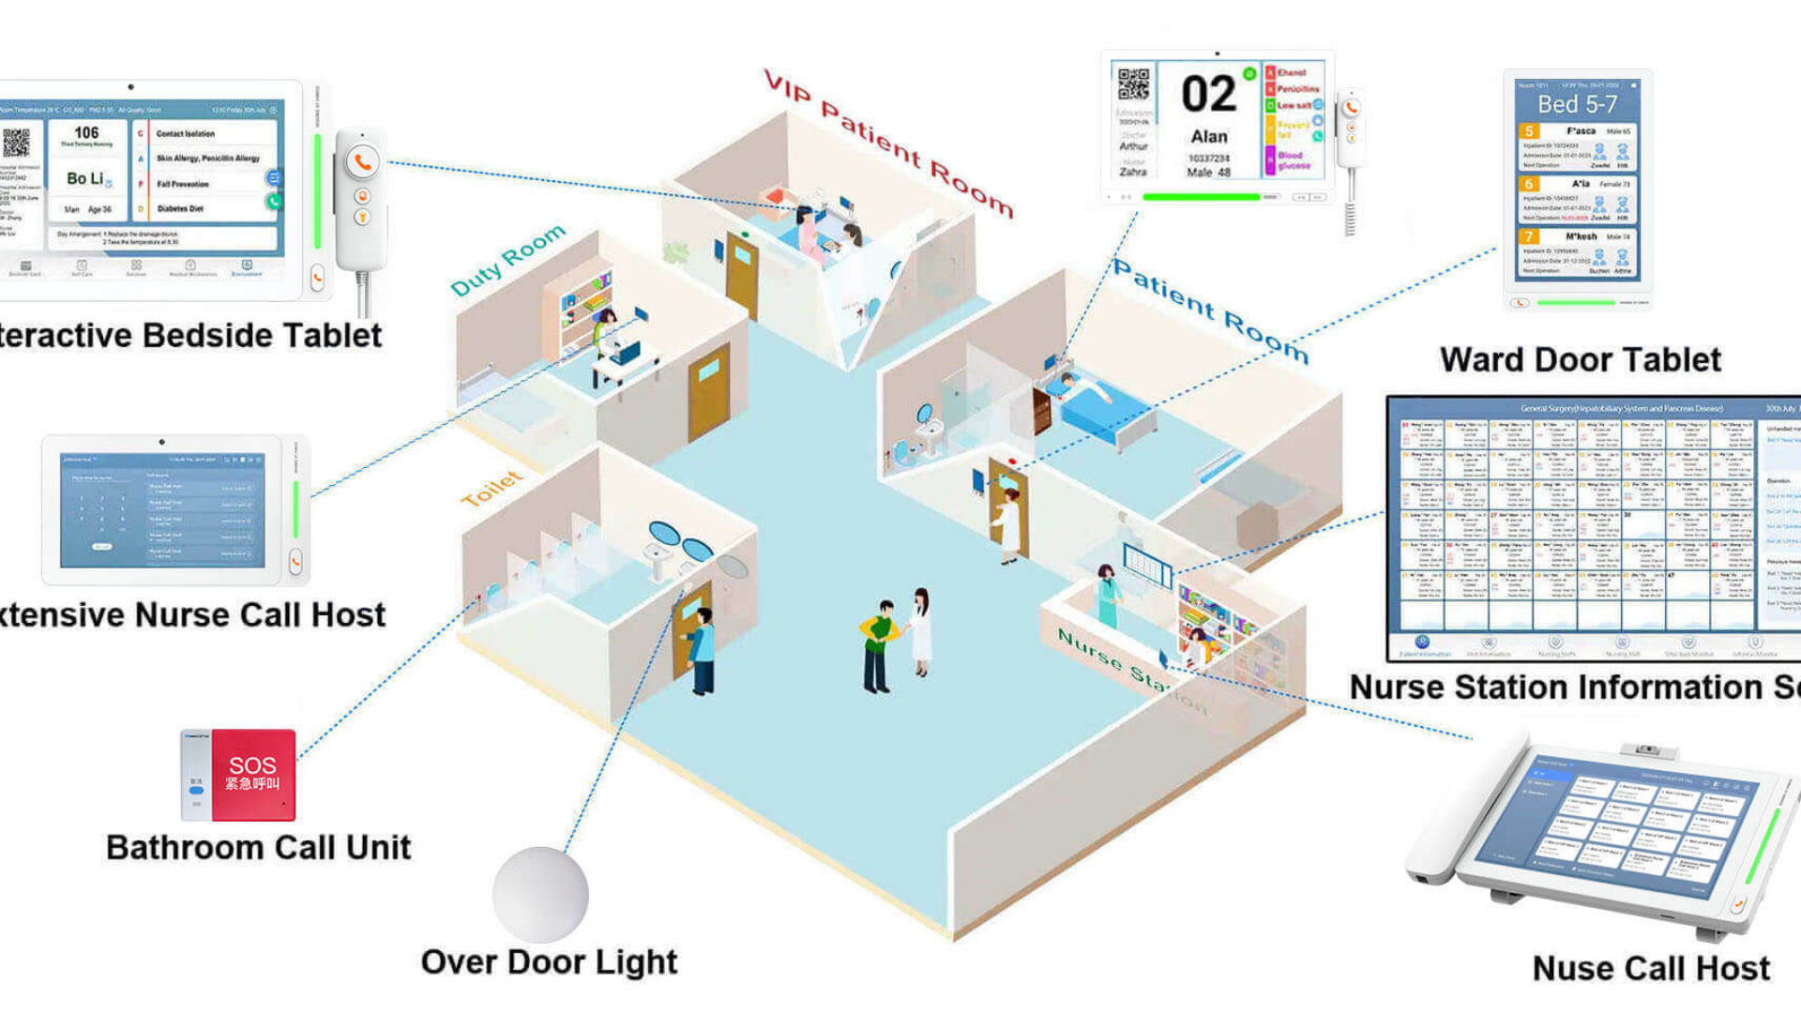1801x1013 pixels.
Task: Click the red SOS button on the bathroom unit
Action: point(253,774)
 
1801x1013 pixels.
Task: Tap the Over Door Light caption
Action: point(549,962)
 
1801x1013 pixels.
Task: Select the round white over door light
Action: point(540,895)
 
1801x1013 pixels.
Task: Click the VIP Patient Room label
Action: point(887,143)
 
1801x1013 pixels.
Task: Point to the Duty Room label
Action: point(507,259)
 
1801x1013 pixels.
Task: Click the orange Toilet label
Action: point(492,489)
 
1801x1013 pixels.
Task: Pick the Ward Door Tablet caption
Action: point(1580,360)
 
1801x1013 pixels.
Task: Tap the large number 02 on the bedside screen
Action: point(1208,95)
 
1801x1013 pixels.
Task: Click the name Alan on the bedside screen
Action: point(1209,137)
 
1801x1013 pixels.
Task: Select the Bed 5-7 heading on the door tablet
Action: point(1577,104)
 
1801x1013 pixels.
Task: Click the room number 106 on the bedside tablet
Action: point(86,133)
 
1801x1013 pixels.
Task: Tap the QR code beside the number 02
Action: point(1133,84)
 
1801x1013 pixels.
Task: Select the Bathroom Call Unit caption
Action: point(258,848)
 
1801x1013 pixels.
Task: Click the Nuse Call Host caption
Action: point(1651,968)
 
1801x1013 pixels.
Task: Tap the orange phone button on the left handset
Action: point(362,162)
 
